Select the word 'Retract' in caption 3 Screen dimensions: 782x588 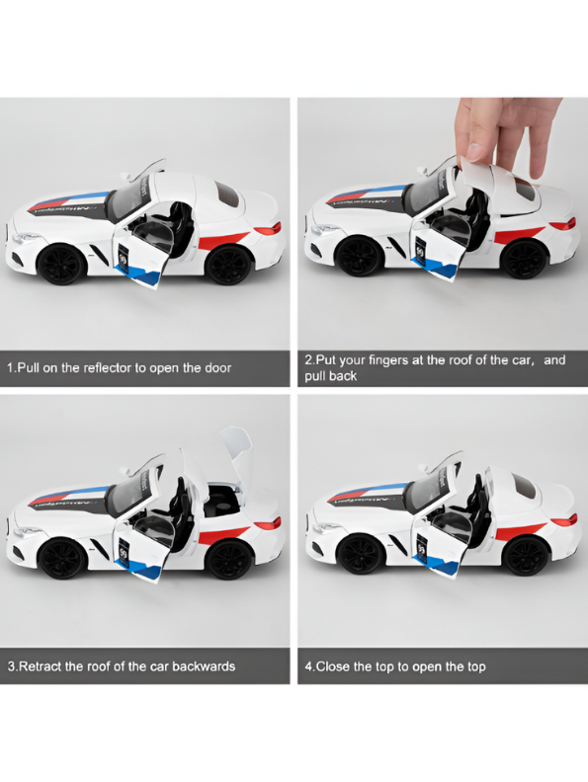45,666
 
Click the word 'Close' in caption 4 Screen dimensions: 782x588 338,666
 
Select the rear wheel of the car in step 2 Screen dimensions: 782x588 523,259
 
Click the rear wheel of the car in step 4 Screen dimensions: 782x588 525,556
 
